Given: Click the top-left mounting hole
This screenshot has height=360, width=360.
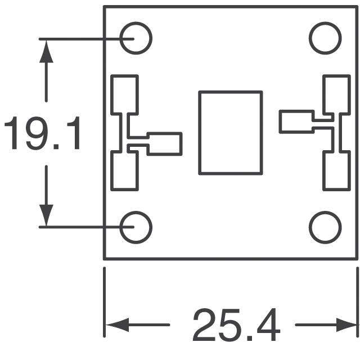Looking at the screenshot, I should pos(136,38).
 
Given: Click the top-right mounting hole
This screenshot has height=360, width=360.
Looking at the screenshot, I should pos(325,38).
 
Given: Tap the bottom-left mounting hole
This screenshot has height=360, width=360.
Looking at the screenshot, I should pos(136,227).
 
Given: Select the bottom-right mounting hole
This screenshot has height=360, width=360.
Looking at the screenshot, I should pos(325,227).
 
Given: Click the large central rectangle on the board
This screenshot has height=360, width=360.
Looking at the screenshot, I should pos(231,132).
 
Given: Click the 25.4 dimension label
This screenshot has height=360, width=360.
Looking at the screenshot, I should pos(236,326).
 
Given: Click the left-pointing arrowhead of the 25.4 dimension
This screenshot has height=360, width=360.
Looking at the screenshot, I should pos(115,325).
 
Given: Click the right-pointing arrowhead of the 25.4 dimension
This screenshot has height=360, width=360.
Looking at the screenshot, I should pos(346,325).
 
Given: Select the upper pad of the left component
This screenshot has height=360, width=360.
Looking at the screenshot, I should pos(125,93).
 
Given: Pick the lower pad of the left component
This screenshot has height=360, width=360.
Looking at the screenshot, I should pos(125,171).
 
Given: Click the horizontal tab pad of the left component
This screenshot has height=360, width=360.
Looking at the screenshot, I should pos(164,143).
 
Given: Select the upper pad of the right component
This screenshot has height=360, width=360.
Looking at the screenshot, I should pos(336,93).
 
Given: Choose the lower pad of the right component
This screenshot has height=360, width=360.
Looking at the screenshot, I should pos(336,171).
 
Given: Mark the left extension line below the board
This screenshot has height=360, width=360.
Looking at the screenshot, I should pos(105,304).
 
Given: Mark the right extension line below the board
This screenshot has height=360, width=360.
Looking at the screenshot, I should pos(357,304).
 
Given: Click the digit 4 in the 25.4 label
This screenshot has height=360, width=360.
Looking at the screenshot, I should pos(265,326).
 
